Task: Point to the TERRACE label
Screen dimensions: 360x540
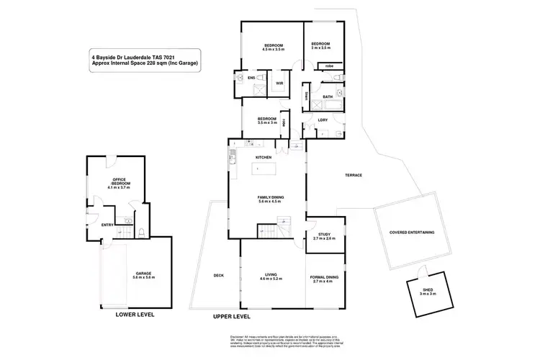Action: [x=353, y=176]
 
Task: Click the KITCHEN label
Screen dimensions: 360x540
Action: [x=263, y=156]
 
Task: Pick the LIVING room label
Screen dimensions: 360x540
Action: [x=271, y=275]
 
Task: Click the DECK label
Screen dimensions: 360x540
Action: [x=219, y=275]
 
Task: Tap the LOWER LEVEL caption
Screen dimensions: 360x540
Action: [x=135, y=315]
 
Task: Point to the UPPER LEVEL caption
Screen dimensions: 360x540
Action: [x=232, y=317]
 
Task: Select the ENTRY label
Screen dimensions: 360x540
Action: [x=107, y=225]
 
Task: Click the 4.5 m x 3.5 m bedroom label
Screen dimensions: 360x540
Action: [x=272, y=48]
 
